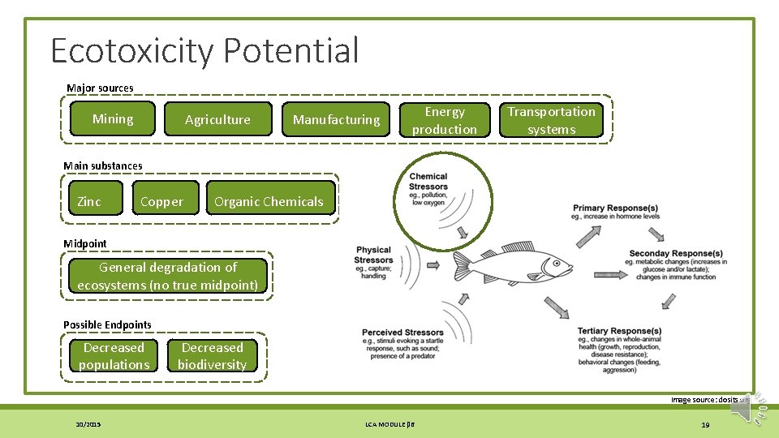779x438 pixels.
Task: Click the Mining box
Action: (x=113, y=119)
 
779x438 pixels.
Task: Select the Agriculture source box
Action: (x=217, y=120)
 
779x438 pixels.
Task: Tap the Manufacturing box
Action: (x=336, y=120)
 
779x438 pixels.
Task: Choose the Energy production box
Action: (x=445, y=120)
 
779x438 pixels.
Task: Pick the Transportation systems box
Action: (x=552, y=120)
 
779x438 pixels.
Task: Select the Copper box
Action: (x=162, y=202)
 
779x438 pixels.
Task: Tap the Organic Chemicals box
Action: (x=269, y=202)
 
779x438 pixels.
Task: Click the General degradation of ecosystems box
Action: (x=168, y=276)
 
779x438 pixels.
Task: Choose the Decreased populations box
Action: (x=114, y=356)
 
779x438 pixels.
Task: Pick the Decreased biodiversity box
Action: (x=213, y=356)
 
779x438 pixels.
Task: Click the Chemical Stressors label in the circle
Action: (x=428, y=181)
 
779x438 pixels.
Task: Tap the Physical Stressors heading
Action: (x=373, y=255)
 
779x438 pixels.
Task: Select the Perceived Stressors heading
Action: (x=402, y=333)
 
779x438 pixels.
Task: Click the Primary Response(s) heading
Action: (x=616, y=208)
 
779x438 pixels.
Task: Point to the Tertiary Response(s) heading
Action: (x=619, y=331)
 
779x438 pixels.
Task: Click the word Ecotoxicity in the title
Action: (x=131, y=50)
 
